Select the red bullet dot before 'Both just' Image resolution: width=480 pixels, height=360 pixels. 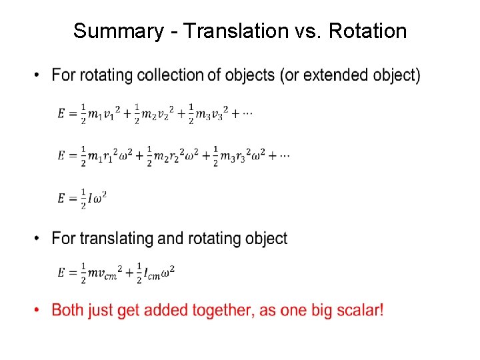coord(38,310)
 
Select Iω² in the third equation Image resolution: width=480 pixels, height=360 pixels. coord(97,198)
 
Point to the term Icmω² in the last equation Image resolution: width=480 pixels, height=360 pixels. coord(161,271)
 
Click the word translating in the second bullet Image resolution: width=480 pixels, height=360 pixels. coord(113,238)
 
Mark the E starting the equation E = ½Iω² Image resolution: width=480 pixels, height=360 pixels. coord(62,198)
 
